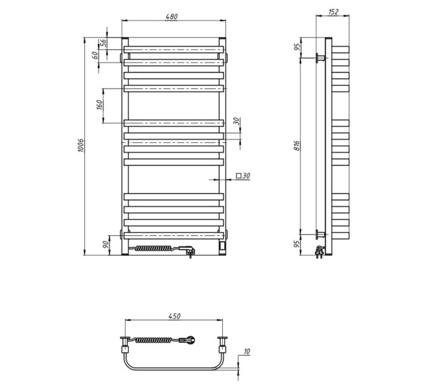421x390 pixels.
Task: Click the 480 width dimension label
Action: coord(171,16)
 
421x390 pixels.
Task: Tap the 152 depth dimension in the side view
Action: coord(333,12)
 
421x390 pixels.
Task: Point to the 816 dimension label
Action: coord(297,145)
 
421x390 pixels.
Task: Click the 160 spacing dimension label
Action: coord(99,105)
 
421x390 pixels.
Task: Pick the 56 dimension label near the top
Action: coord(103,43)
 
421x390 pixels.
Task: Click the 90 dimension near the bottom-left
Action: coord(105,245)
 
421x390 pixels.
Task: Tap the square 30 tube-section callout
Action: coord(243,176)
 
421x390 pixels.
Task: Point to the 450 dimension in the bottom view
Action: coord(174,316)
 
